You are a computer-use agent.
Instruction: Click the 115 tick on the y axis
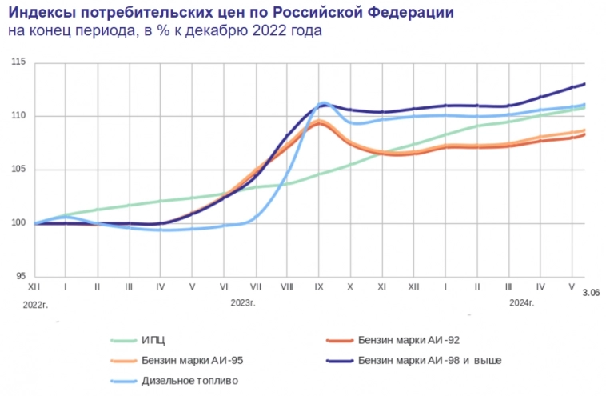tap(20, 62)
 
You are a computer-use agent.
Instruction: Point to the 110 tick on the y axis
tap(20, 116)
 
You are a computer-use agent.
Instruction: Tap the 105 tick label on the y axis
tap(20, 170)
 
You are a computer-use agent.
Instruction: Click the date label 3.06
tap(592, 294)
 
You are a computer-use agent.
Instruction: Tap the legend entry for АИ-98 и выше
tap(430, 361)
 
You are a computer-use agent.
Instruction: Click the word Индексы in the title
tap(42, 13)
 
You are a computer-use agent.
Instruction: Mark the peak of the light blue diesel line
tap(323, 103)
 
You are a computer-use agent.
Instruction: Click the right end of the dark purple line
tap(585, 84)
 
